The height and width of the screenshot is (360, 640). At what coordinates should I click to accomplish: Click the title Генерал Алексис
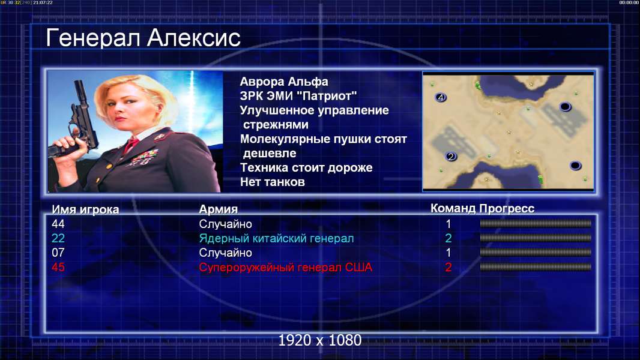click(x=143, y=38)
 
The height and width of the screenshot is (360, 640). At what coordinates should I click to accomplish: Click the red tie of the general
click(x=131, y=144)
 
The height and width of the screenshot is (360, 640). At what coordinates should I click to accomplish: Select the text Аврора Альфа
click(x=283, y=82)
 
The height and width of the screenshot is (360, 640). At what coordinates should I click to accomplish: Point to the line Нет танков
click(x=272, y=182)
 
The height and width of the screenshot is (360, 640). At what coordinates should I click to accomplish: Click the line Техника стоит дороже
click(x=306, y=167)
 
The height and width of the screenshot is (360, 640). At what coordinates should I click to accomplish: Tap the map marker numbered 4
click(x=441, y=97)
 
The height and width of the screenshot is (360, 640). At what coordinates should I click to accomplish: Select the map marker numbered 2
click(x=451, y=156)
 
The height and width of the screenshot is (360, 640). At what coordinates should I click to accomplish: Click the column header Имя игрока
click(x=85, y=209)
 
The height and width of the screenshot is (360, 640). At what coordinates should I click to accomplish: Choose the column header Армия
click(x=218, y=209)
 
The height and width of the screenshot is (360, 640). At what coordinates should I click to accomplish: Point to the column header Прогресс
click(x=507, y=208)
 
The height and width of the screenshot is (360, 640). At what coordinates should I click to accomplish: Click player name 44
click(x=58, y=224)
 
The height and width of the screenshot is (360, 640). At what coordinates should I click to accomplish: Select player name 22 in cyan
click(x=58, y=238)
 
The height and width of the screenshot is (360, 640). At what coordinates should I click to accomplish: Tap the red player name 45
click(x=58, y=267)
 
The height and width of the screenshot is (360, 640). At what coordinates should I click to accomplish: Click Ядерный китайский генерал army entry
click(x=276, y=239)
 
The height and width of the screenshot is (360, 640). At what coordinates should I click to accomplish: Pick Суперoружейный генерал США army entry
click(x=286, y=268)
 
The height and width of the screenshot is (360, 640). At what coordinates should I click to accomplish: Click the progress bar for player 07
click(x=536, y=253)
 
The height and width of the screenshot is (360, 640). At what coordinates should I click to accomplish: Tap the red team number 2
click(x=448, y=267)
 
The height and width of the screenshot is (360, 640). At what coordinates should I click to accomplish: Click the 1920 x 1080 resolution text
click(x=320, y=340)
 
